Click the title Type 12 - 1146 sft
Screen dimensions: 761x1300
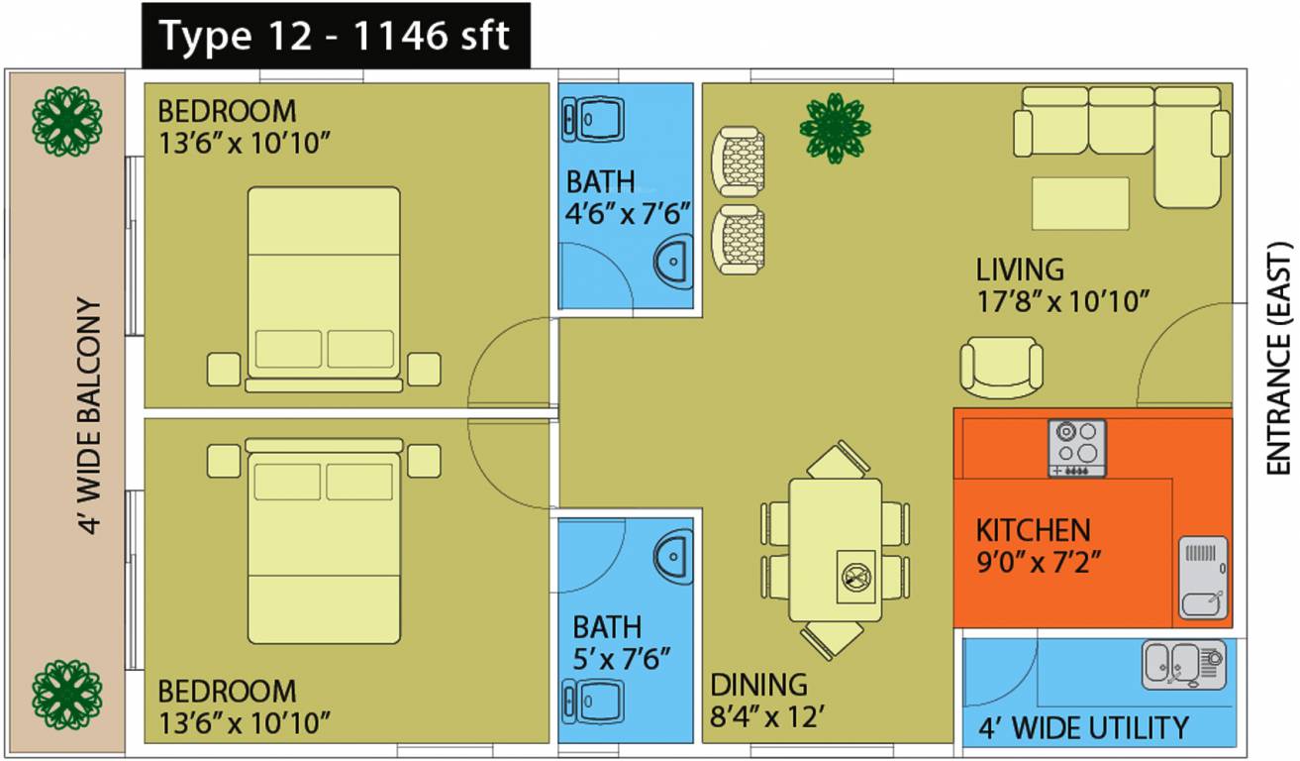[335, 37]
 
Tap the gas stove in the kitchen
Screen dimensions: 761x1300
[1077, 448]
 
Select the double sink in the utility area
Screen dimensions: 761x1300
[1183, 664]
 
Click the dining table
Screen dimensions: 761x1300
[836, 550]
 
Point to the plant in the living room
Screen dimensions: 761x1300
[836, 127]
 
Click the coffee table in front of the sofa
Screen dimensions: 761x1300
[1080, 203]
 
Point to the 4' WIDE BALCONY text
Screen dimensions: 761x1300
[90, 416]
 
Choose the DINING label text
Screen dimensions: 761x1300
[758, 685]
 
